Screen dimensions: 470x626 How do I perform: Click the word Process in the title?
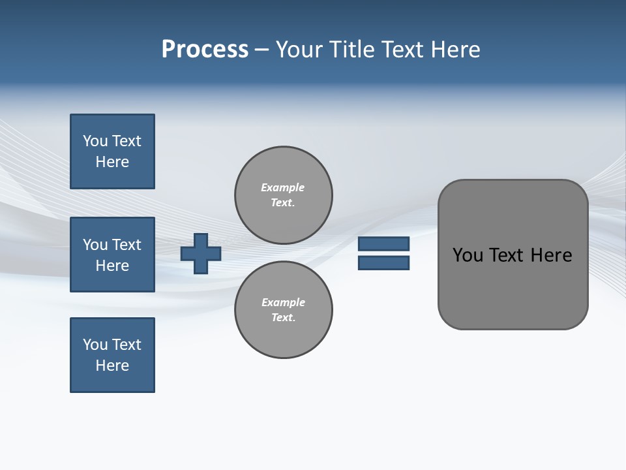(205, 50)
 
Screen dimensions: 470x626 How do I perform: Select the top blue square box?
(112, 151)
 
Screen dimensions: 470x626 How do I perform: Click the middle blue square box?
(112, 255)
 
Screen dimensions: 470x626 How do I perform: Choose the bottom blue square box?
(112, 355)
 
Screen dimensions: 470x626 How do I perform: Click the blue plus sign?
(201, 253)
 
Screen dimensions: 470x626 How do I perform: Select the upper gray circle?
(284, 195)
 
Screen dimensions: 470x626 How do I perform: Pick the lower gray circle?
(284, 309)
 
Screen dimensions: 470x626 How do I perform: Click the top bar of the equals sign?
(383, 243)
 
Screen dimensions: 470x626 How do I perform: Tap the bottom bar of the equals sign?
(383, 263)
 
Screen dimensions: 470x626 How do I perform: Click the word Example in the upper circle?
(282, 187)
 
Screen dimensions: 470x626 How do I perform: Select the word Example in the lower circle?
(283, 302)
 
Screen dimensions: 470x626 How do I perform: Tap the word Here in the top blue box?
(112, 162)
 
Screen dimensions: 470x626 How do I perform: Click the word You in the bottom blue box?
(95, 345)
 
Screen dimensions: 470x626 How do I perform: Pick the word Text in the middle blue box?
(127, 245)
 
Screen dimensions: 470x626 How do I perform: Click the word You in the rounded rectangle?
(468, 255)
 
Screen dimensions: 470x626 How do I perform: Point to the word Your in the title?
(297, 50)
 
